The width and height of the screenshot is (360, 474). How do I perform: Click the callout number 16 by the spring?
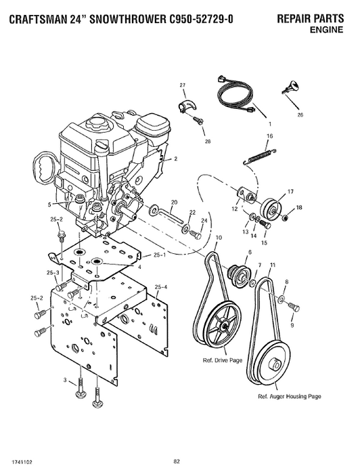pyautogui.click(x=269, y=136)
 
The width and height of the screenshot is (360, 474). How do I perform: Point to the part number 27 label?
pyautogui.click(x=182, y=84)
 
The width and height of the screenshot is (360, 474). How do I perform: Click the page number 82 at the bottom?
pyautogui.click(x=176, y=461)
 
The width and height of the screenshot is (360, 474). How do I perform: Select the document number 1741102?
pyautogui.click(x=22, y=461)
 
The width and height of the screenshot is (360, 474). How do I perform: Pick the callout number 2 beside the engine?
pyautogui.click(x=175, y=158)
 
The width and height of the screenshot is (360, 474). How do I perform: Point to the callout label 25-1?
pyautogui.click(x=160, y=255)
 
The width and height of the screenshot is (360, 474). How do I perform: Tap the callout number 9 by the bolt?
pyautogui.click(x=292, y=326)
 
